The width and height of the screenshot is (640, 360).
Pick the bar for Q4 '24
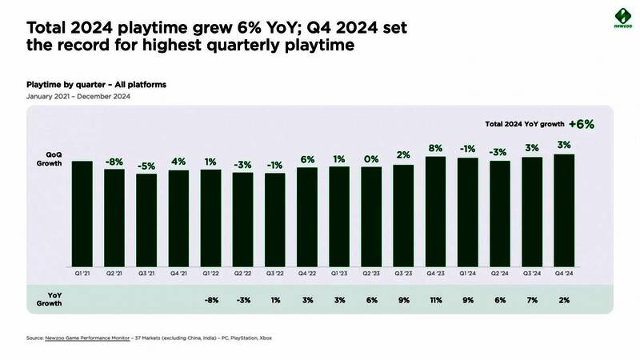[564, 210]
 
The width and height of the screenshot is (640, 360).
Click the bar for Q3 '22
[275, 219]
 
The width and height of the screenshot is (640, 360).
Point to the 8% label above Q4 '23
[435, 148]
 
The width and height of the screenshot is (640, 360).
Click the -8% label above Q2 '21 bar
[114, 161]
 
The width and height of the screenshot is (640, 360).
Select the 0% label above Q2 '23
[371, 158]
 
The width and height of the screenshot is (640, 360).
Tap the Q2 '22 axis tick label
[243, 273]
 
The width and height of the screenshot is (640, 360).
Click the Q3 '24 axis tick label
[532, 273]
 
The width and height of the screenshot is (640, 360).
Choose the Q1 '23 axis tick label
[339, 273]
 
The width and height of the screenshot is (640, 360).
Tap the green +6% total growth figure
[582, 124]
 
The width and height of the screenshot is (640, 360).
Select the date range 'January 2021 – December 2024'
[78, 96]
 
